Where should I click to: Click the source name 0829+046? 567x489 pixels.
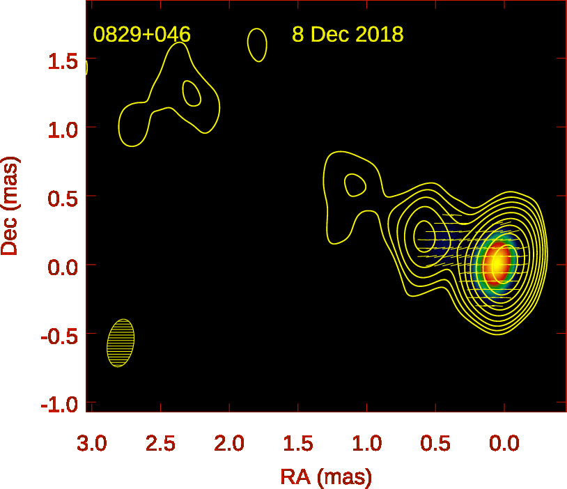141,35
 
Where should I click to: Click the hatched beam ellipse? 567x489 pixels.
121,343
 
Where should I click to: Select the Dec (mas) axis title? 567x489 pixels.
10,206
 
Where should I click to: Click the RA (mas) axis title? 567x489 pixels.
326,477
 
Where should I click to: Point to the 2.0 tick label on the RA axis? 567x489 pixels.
230,444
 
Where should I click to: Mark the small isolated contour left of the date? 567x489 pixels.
257,45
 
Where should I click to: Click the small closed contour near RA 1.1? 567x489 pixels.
355,185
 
